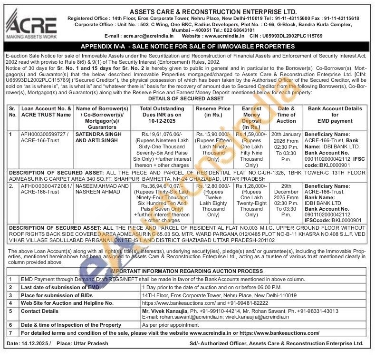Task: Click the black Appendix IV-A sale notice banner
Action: coord(187,47)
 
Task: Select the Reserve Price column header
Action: coord(213,112)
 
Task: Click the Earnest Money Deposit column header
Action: coord(251,118)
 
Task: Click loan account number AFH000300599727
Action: coord(45,135)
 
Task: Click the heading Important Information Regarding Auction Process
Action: coord(187,271)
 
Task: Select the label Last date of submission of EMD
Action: coord(60,288)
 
